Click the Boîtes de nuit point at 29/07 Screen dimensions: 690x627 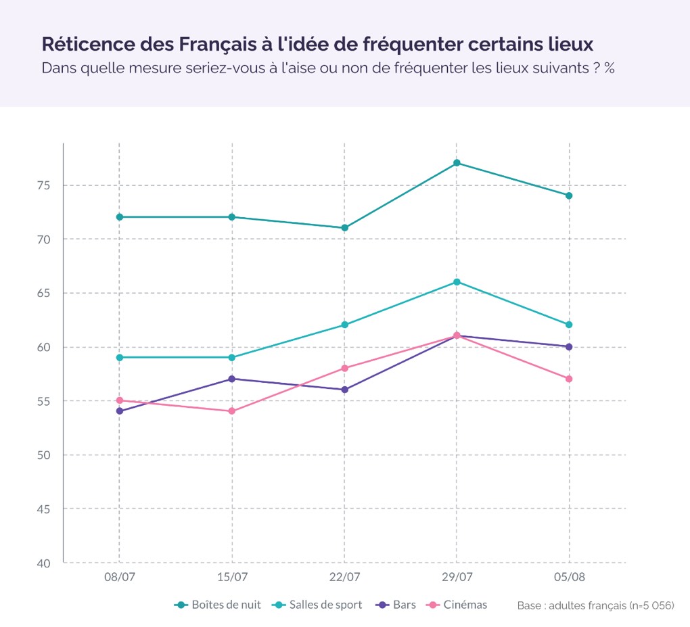[x=457, y=163]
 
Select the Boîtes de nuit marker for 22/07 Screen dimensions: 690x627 [x=344, y=228]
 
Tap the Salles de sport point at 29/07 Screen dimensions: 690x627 [x=457, y=282]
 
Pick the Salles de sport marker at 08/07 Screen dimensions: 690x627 [x=119, y=358]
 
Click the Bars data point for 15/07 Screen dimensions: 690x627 [x=232, y=379]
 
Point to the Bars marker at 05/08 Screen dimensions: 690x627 [x=569, y=347]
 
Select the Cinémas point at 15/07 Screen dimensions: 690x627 [x=232, y=411]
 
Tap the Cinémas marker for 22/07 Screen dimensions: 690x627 [x=344, y=368]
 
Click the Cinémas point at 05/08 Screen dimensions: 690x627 [x=569, y=379]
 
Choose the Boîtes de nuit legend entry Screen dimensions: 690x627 [x=217, y=605]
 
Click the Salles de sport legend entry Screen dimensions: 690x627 [x=317, y=605]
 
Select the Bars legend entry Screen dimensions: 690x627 [x=396, y=605]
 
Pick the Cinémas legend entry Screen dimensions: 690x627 [x=457, y=605]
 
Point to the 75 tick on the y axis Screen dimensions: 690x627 [x=44, y=186]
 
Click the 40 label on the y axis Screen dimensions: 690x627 [x=44, y=563]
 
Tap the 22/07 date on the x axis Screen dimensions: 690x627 [x=344, y=577]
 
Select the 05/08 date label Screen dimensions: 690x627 [x=570, y=577]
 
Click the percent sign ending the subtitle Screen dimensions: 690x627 [x=609, y=68]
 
